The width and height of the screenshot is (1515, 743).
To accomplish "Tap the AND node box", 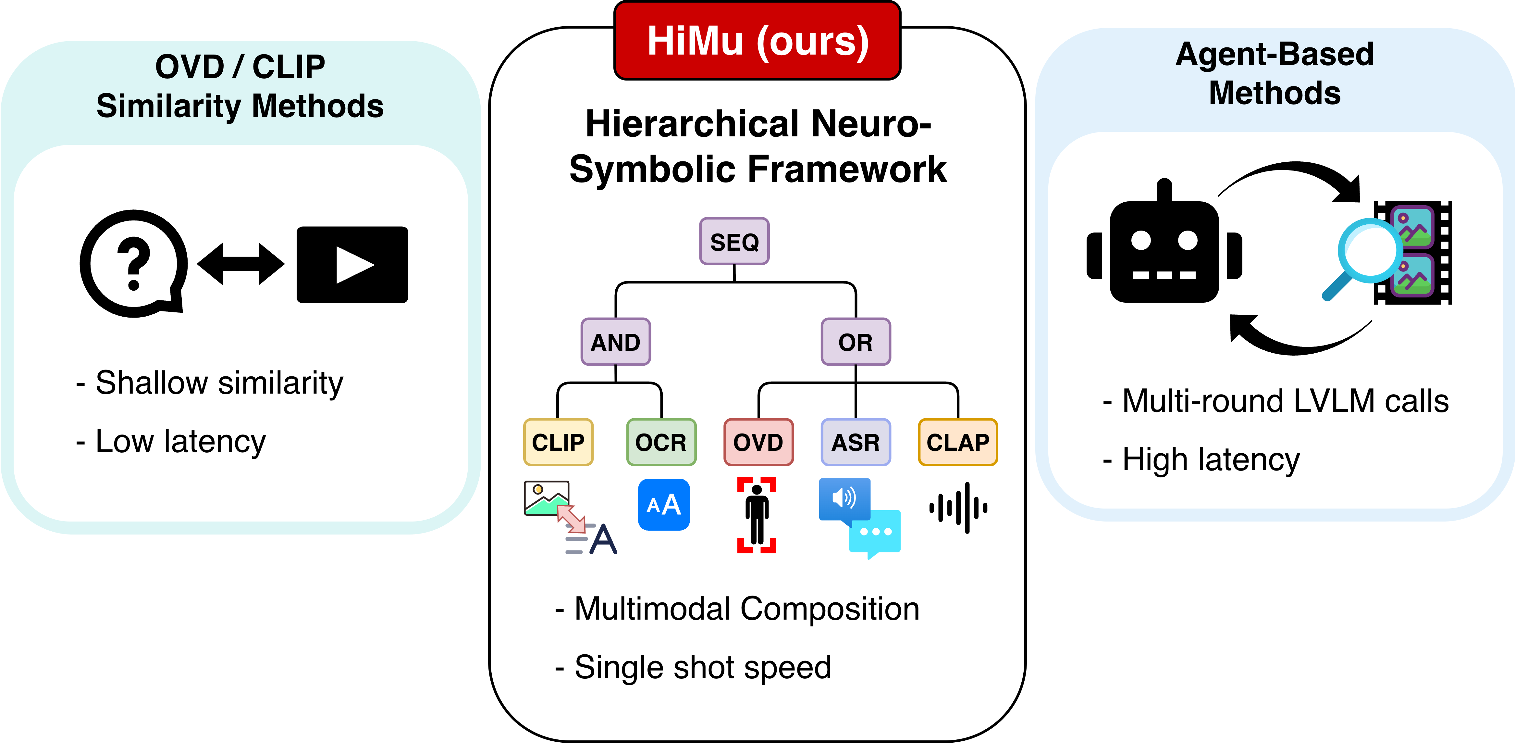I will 615,342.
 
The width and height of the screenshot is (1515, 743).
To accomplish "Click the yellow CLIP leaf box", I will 558,442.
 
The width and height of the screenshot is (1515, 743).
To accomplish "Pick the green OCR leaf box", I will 661,442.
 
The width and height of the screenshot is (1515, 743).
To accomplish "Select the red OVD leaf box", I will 758,442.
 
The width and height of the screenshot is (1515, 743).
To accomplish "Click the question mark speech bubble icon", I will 133,263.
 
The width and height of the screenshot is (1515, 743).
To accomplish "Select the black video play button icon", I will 352,265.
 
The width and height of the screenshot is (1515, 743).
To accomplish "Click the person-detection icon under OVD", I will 757,515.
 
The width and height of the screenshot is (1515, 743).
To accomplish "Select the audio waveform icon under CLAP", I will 959,508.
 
